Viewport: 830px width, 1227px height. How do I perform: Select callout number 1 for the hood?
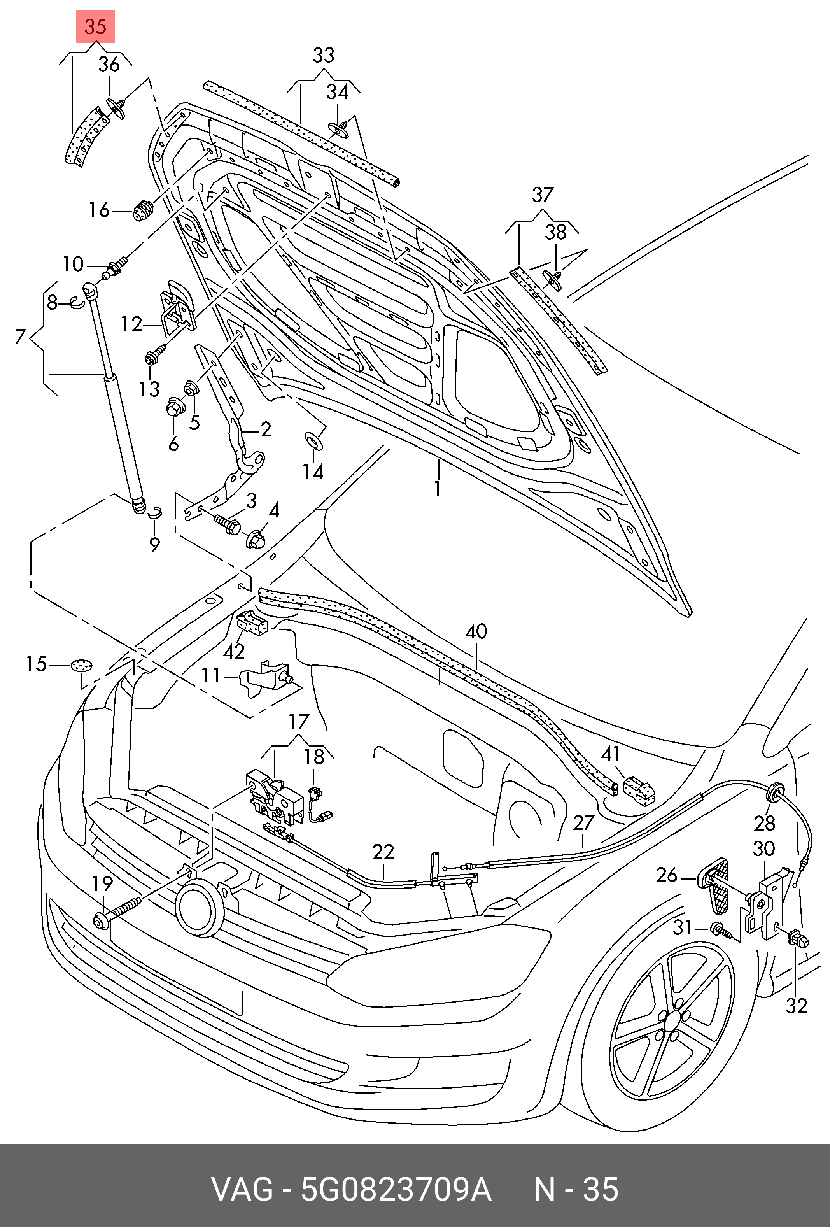(437, 488)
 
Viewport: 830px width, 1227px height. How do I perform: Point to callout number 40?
(476, 631)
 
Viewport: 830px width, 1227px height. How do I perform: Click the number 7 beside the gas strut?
(21, 336)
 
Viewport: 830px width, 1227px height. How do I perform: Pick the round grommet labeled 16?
(142, 211)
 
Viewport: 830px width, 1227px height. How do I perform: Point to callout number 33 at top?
(323, 55)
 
